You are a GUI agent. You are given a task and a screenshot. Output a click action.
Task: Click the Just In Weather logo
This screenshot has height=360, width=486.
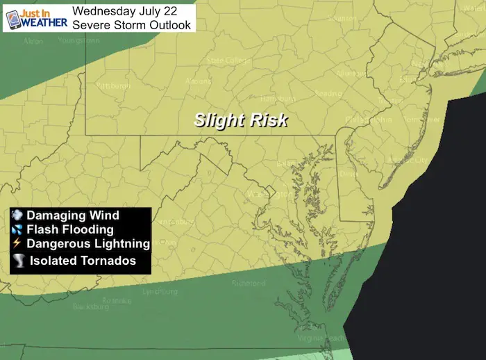36,17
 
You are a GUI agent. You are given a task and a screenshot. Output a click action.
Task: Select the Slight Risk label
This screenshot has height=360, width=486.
241,120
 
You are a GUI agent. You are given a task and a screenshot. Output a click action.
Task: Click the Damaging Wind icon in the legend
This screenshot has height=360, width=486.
18,216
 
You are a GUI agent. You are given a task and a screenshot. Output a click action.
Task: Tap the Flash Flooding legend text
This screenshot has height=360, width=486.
70,229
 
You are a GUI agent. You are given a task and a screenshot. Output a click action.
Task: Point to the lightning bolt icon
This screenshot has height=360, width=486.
18,243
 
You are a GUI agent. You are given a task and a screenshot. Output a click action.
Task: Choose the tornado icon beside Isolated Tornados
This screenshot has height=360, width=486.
19,260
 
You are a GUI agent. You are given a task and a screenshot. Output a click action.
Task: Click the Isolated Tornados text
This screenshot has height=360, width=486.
83,261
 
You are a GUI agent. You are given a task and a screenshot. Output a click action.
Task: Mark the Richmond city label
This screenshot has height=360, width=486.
249,284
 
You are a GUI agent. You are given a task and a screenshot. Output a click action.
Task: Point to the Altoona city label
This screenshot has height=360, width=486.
198,81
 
